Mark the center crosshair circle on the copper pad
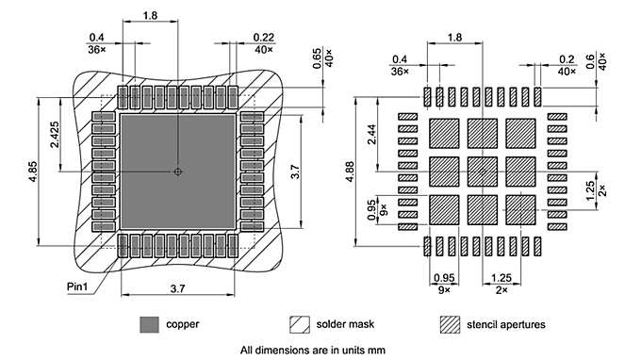pos(177,172)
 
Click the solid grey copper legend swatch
pos(148,324)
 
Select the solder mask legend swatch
pos(299,324)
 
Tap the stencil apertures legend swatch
pos(450,324)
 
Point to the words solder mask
pos(346,325)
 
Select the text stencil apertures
pos(505,325)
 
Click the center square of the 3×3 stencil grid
pos(482,171)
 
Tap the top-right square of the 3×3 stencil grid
pos(520,133)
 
